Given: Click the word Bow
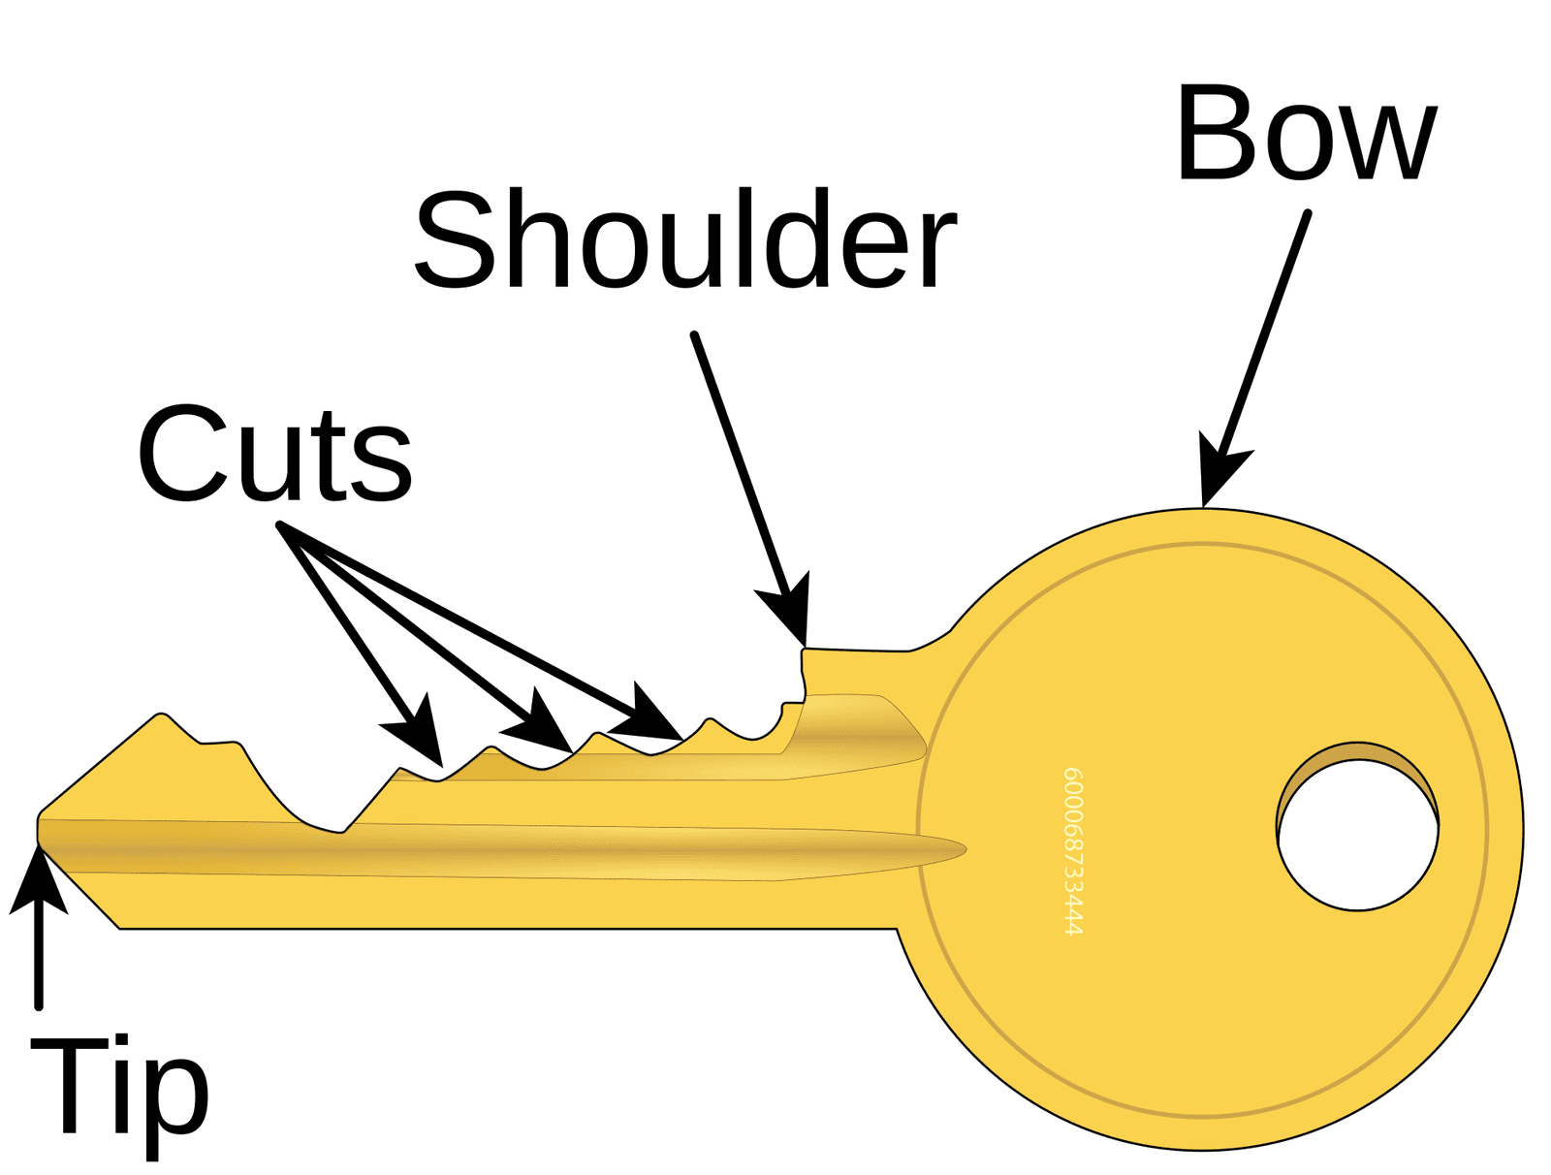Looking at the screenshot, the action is click(1305, 133).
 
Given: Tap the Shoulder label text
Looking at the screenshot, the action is click(685, 238).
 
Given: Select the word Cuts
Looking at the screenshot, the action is click(275, 453).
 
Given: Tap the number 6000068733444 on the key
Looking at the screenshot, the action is click(1073, 850).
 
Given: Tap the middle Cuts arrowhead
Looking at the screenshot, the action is click(541, 720).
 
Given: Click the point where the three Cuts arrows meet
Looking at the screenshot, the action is click(280, 525).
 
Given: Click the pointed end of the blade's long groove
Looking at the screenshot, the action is click(965, 848).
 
